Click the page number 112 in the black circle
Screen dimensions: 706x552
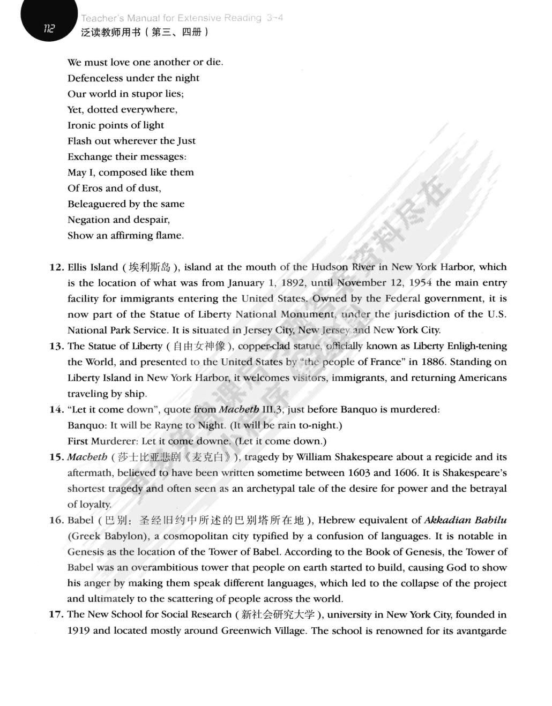click(x=49, y=29)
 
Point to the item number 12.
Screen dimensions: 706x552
click(x=56, y=267)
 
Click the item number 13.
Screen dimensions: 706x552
click(x=56, y=347)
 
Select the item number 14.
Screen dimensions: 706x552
click(x=56, y=410)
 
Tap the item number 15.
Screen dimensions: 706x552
click(x=56, y=457)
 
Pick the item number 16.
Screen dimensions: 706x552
click(x=56, y=521)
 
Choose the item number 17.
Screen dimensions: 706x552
click(x=56, y=615)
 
